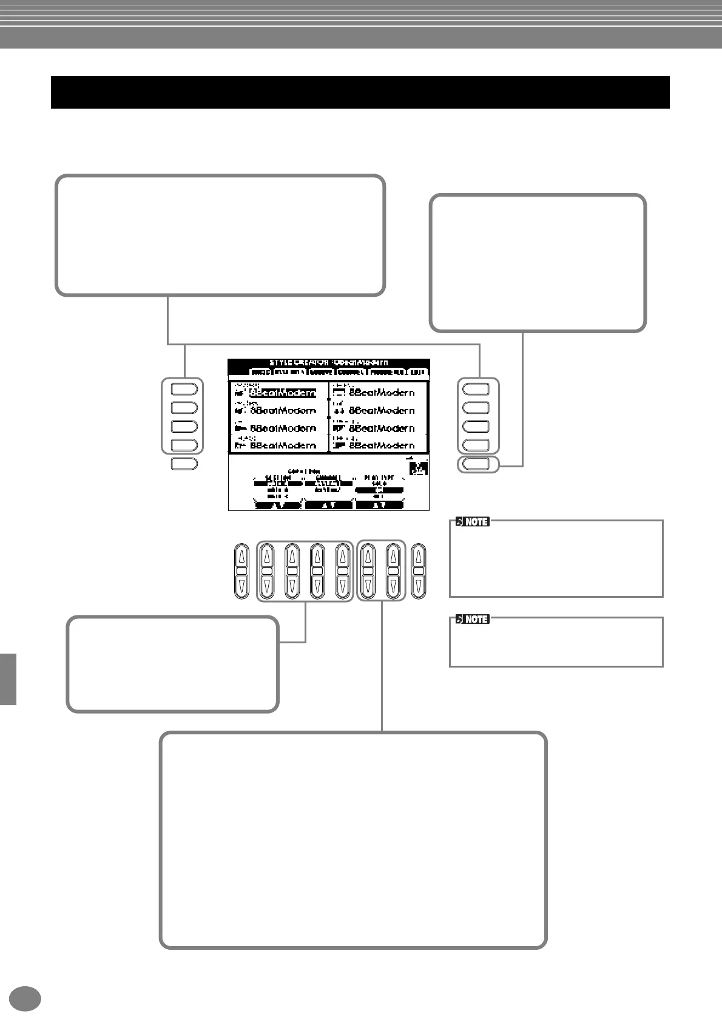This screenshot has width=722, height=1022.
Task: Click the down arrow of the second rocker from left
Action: coord(267,586)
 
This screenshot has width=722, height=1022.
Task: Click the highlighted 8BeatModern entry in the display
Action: coord(283,393)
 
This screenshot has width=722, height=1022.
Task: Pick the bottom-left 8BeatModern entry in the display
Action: coord(283,445)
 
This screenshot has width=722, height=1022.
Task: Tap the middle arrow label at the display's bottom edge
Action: coord(328,505)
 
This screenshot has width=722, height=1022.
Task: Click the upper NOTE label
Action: coord(472,521)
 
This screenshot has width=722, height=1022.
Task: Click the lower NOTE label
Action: coord(472,619)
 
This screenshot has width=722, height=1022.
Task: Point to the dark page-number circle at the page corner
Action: coord(25,998)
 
